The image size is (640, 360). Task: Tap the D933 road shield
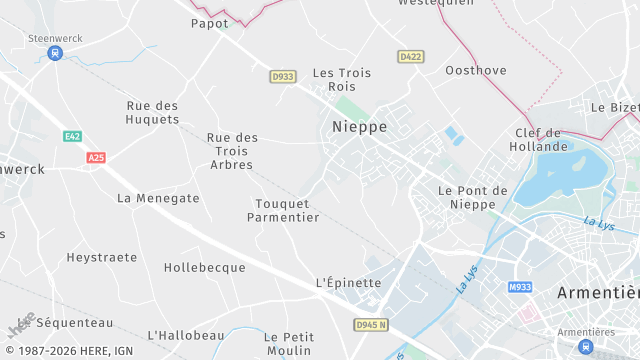tap(283, 76)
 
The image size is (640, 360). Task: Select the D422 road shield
tap(410, 57)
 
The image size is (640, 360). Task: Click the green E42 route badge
tap(72, 136)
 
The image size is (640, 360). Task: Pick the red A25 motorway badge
tap(96, 158)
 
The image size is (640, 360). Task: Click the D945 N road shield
tap(370, 325)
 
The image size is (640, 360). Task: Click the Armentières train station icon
tap(584, 346)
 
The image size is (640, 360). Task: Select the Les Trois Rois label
tap(342, 79)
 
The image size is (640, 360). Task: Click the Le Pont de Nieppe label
tap(473, 197)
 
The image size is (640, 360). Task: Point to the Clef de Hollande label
tap(538, 140)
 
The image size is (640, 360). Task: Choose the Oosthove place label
tap(475, 70)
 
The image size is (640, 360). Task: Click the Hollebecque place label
tap(204, 268)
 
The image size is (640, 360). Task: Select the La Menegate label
tap(158, 198)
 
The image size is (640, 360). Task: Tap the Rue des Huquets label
tap(153, 112)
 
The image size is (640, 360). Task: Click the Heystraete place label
tap(102, 257)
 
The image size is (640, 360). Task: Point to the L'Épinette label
tap(348, 283)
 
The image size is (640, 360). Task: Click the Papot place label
tap(210, 23)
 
